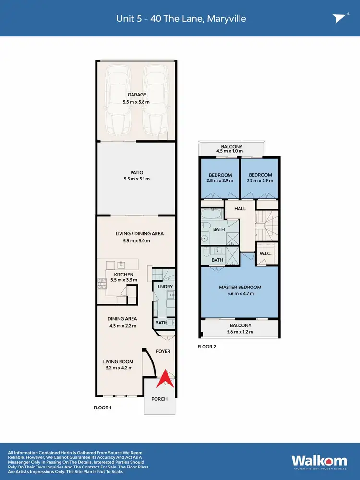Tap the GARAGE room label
point(137,95)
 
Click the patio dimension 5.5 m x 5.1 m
point(137,179)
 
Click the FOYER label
point(163,351)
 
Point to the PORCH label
point(160,399)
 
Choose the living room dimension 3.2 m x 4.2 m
point(118,368)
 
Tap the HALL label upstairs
point(240,209)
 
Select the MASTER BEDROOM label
point(240,287)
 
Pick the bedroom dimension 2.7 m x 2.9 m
point(260,181)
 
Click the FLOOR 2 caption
point(207,346)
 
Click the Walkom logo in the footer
point(316,459)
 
